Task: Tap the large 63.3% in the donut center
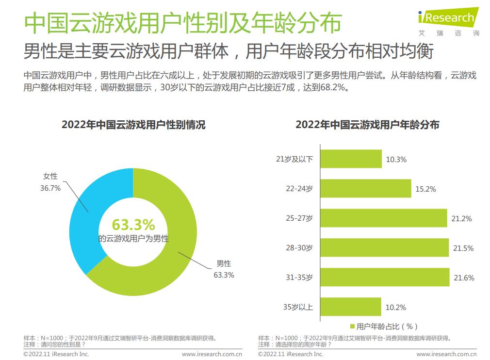pyautogui.click(x=133, y=225)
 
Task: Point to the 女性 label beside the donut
pyautogui.click(x=50, y=177)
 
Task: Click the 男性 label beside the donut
pyautogui.click(x=224, y=264)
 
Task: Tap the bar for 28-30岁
pyautogui.click(x=385, y=248)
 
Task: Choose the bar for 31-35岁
pyautogui.click(x=385, y=278)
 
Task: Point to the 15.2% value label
pyautogui.click(x=425, y=189)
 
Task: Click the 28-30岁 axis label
pyautogui.click(x=299, y=248)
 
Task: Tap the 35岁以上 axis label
pyautogui.click(x=297, y=307)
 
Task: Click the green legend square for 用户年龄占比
pyautogui.click(x=353, y=327)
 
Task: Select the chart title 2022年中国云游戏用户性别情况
pyautogui.click(x=133, y=125)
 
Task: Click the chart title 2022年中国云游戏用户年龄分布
pyautogui.click(x=367, y=125)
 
